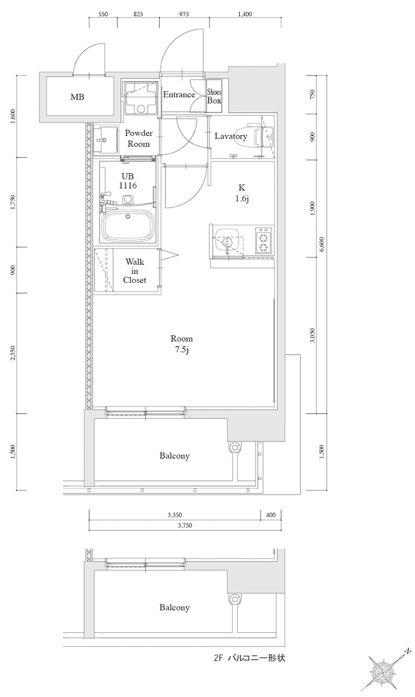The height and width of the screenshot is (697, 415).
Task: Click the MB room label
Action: [x=77, y=97]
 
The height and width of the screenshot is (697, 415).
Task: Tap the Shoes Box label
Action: [x=214, y=96]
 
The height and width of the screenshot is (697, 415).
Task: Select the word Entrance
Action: [x=179, y=94]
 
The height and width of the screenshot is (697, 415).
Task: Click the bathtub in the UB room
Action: [x=129, y=225]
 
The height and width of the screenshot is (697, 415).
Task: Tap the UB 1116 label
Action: [x=128, y=180]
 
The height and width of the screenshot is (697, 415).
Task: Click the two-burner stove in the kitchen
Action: [x=263, y=241]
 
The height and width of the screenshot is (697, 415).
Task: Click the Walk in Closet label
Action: [x=135, y=271]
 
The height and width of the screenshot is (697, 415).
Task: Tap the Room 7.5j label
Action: [x=181, y=344]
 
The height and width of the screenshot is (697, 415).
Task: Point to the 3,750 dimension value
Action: [x=185, y=525]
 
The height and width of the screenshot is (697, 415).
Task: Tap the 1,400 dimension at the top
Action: [x=245, y=14]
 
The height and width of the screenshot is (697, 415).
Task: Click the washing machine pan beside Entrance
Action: [x=140, y=96]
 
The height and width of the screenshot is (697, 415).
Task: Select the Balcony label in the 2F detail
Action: [x=174, y=607]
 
